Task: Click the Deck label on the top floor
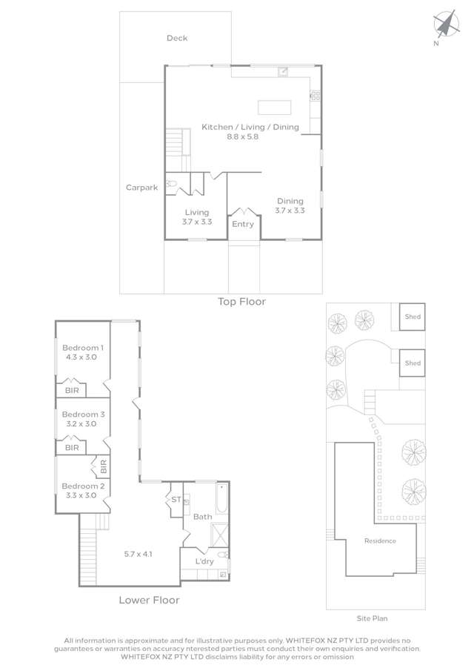[177, 38]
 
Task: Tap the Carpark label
[142, 188]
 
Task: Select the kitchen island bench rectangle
[274, 108]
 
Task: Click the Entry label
[243, 224]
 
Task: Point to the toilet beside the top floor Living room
[171, 184]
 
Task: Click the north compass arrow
[446, 24]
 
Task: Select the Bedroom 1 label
[83, 348]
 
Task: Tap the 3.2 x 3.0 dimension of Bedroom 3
[81, 423]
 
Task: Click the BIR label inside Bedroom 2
[103, 466]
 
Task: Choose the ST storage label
[176, 500]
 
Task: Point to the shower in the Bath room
[220, 535]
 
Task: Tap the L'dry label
[204, 561]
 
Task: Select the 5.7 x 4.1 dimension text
[138, 554]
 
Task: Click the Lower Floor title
[149, 601]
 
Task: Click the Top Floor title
[242, 302]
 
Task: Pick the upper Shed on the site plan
[413, 317]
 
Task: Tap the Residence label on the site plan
[380, 541]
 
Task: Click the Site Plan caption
[372, 618]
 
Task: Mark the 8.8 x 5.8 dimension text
[243, 137]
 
